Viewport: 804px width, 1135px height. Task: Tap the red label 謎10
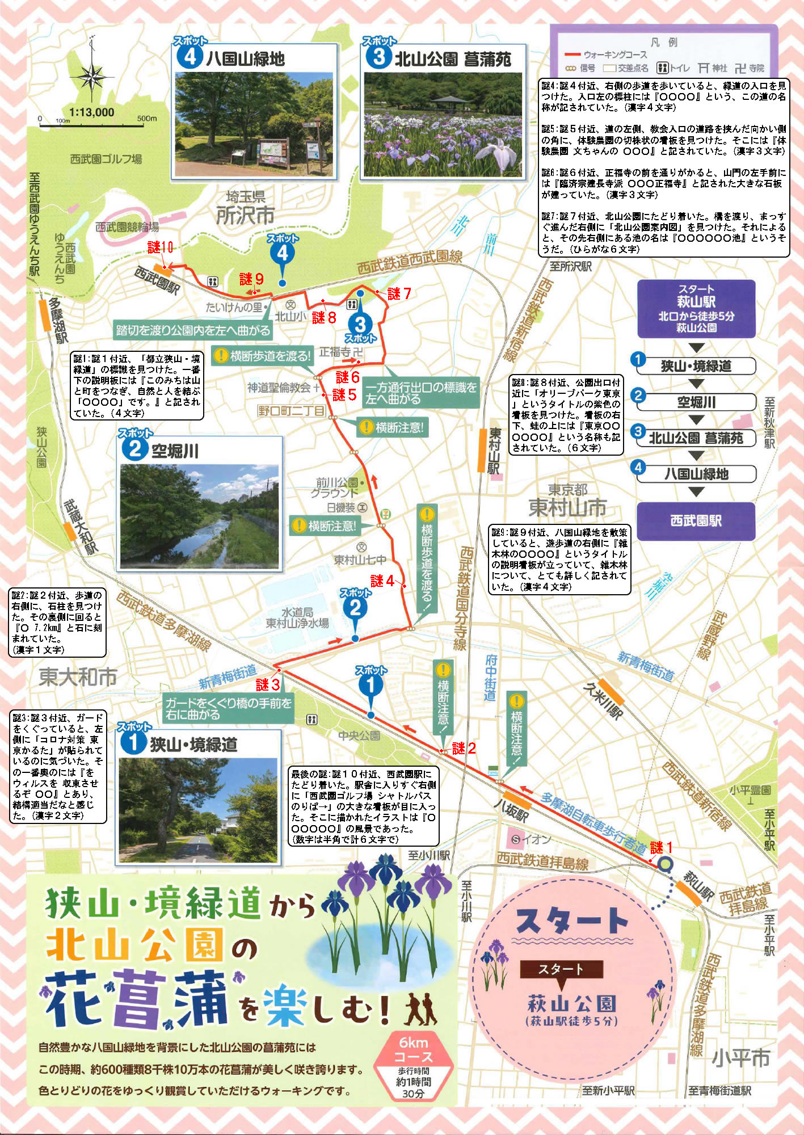pyautogui.click(x=160, y=247)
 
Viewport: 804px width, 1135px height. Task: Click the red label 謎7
pyautogui.click(x=399, y=293)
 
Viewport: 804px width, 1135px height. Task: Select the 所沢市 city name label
pyautogui.click(x=245, y=215)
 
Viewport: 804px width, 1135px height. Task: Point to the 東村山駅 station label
pyautogui.click(x=494, y=451)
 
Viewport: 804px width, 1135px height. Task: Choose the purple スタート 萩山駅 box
pyautogui.click(x=696, y=309)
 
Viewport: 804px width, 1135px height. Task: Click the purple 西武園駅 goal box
pyautogui.click(x=696, y=520)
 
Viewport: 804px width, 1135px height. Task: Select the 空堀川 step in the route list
pyautogui.click(x=696, y=402)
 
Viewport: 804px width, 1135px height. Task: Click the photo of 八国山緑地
pyautogui.click(x=254, y=124)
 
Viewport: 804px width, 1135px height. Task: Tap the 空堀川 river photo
pyautogui.click(x=200, y=516)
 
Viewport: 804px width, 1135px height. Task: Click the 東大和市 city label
pyautogui.click(x=78, y=677)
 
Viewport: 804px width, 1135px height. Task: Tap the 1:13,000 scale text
pyautogui.click(x=91, y=112)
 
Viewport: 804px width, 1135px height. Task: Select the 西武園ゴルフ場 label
pyautogui.click(x=106, y=159)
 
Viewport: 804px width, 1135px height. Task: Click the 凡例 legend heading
pyautogui.click(x=664, y=43)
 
